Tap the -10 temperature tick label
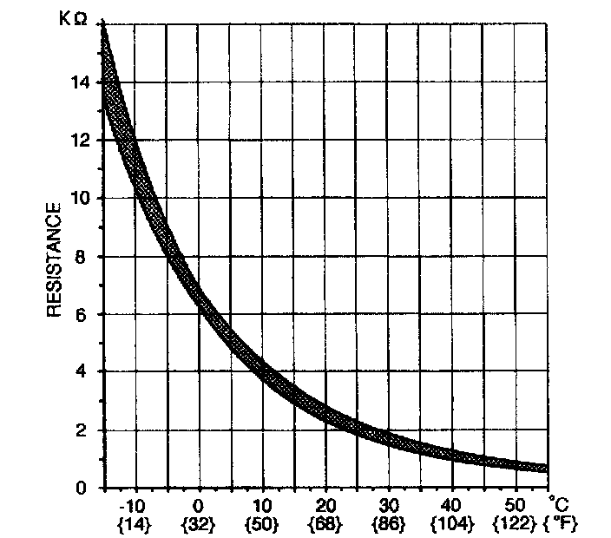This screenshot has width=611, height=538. pos(135,506)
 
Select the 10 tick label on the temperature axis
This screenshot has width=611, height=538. pos(261,506)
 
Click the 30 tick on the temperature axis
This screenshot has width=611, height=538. pos(388,506)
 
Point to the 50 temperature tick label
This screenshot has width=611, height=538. pos(515,506)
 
